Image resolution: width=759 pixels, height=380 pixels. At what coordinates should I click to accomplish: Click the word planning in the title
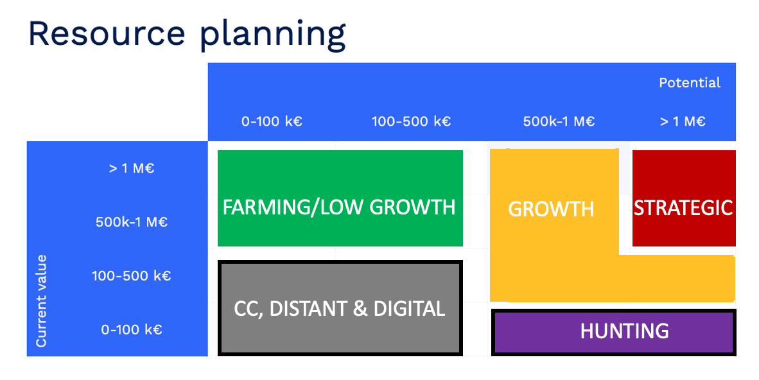click(272, 36)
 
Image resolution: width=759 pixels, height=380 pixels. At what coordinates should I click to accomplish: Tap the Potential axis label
click(690, 83)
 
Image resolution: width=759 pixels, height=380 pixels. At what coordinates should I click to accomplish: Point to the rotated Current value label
click(42, 301)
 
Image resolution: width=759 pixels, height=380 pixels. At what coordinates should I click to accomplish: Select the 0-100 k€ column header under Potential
click(272, 121)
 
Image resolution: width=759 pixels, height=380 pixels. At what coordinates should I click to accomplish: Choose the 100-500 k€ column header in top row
click(411, 121)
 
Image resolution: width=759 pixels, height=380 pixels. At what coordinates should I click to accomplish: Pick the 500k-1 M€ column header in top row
click(559, 121)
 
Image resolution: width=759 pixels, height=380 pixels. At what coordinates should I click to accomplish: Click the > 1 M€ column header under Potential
click(683, 121)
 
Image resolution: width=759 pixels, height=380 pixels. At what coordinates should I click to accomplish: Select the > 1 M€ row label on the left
click(131, 169)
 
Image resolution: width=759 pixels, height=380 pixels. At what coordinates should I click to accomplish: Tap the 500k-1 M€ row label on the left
click(131, 223)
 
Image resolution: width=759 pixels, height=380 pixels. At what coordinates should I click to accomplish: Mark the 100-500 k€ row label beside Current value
click(131, 276)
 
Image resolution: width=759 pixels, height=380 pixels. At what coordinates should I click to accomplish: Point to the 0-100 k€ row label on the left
click(131, 330)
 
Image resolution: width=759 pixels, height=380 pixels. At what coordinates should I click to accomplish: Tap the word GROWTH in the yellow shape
click(551, 209)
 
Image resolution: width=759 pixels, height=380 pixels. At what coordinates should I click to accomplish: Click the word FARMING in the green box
click(260, 207)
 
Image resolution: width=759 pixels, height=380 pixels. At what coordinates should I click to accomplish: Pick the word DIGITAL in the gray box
click(408, 309)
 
